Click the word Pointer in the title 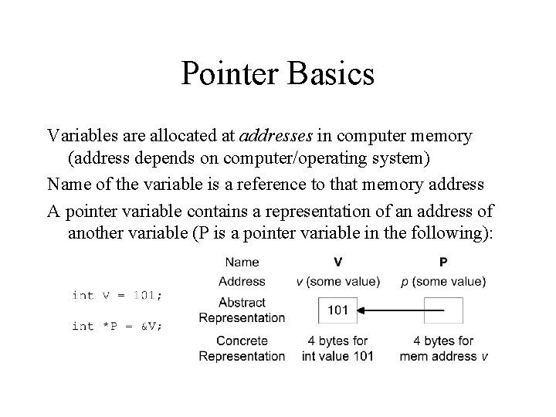click(x=232, y=75)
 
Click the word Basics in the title click(x=332, y=75)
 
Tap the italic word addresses click(x=276, y=136)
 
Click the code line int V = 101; click(x=117, y=295)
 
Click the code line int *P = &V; click(x=117, y=326)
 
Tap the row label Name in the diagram click(x=242, y=263)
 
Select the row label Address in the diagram click(x=242, y=281)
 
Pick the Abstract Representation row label click(x=242, y=310)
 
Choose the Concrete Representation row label click(x=242, y=348)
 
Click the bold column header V click(x=338, y=263)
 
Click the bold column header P click(x=442, y=263)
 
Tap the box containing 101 click(x=337, y=310)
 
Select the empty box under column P click(x=443, y=310)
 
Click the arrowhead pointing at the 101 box click(x=364, y=310)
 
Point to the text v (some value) click(x=338, y=281)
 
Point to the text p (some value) click(x=442, y=281)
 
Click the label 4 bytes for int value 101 click(x=338, y=348)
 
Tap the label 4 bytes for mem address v click(x=444, y=348)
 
